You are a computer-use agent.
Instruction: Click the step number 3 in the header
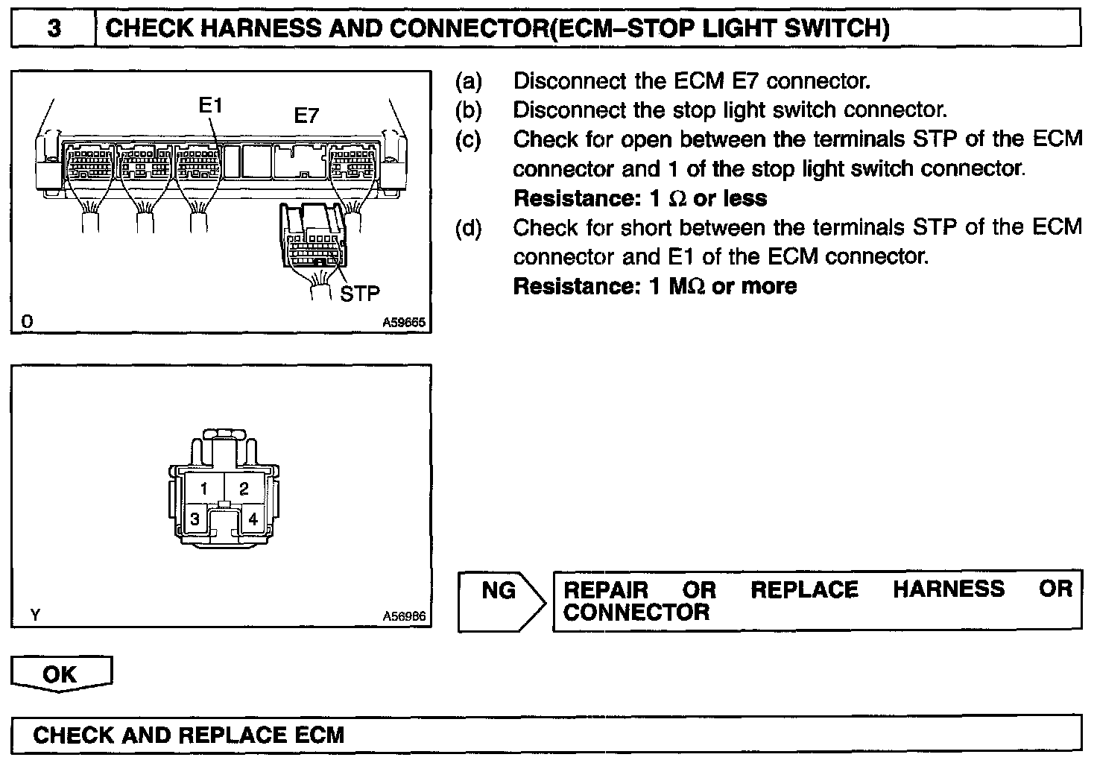click(x=54, y=29)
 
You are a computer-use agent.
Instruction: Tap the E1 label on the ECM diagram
click(x=211, y=106)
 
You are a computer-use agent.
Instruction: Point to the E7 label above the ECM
click(x=306, y=115)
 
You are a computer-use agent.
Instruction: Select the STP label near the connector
click(x=360, y=294)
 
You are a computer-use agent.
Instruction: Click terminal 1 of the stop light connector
click(x=203, y=490)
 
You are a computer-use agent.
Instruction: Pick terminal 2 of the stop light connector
click(x=244, y=490)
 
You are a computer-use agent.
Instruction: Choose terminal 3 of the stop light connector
click(x=195, y=519)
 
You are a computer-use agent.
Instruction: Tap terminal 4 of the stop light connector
click(x=253, y=519)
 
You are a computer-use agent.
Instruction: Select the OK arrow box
click(x=60, y=674)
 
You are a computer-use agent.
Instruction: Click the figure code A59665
click(x=403, y=323)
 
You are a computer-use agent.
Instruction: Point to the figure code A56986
click(x=403, y=616)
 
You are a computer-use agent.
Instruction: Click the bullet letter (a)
click(x=469, y=80)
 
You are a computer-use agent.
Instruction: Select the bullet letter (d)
click(x=469, y=227)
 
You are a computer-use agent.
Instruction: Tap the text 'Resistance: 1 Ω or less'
click(x=640, y=198)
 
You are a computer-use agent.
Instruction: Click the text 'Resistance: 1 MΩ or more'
click(x=655, y=286)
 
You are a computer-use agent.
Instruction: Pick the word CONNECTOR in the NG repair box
click(x=636, y=613)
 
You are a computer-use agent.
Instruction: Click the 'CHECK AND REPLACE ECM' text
click(x=189, y=735)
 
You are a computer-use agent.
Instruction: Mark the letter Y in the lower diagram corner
click(x=35, y=615)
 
